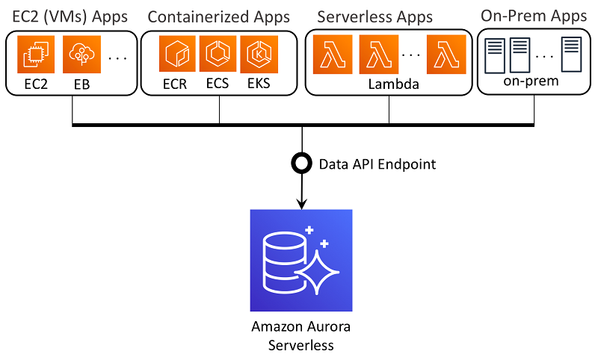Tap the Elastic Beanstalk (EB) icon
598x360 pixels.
pos(81,55)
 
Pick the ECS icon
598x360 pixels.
pos(218,54)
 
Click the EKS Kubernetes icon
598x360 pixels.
pos(258,54)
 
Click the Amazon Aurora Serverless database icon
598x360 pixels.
pos(301,260)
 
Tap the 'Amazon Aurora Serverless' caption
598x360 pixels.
pos(301,335)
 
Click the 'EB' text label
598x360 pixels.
pos(81,84)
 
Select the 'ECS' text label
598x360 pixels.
pos(218,84)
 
